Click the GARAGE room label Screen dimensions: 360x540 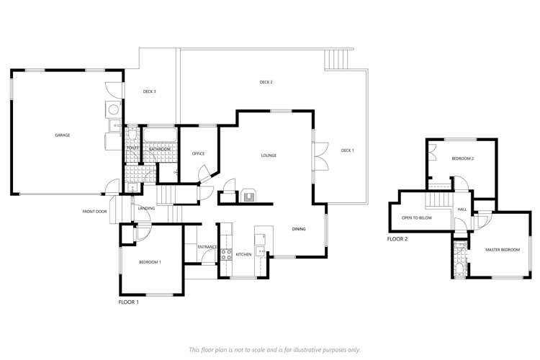(x=63, y=135)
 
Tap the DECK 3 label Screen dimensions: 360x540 (x=150, y=91)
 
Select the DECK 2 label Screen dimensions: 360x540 (x=266, y=82)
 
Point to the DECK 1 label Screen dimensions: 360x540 (x=347, y=150)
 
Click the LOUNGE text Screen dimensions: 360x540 (x=269, y=156)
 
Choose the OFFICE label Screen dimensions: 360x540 (x=199, y=153)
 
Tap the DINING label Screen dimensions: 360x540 (x=299, y=229)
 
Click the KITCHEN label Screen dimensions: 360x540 (x=243, y=254)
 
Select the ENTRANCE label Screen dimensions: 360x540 (x=207, y=247)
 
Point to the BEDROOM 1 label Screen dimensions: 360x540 (x=150, y=262)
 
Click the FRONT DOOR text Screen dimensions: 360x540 (x=94, y=212)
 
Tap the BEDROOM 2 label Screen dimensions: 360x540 (x=462, y=158)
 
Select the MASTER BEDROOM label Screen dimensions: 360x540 (x=502, y=249)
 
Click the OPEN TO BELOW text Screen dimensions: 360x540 (x=411, y=217)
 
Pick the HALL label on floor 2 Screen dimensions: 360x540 (x=462, y=210)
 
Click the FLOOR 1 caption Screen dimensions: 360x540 (x=128, y=302)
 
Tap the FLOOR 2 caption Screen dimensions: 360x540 (x=397, y=238)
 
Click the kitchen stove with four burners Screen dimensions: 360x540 (x=225, y=254)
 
